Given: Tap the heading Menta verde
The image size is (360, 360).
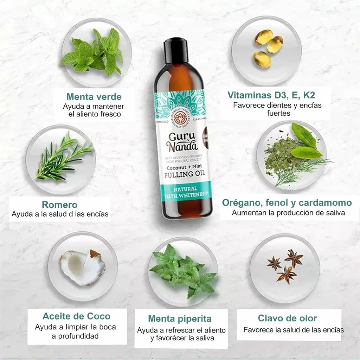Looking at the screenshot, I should [94, 97].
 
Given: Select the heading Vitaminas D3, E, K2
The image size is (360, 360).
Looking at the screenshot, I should [274, 95].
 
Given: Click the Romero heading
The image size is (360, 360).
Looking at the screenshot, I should [60, 204].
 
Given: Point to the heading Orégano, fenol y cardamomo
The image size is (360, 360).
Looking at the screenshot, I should [287, 203].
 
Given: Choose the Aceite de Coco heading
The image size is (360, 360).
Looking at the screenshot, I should [76, 316].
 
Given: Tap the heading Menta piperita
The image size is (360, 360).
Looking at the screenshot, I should [180, 319].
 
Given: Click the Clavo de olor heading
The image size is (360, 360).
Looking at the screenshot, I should [287, 319].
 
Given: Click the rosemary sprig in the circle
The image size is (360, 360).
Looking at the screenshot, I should [63, 158].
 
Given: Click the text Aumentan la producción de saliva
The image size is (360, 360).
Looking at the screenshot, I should [288, 213].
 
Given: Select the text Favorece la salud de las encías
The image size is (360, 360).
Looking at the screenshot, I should [293, 330].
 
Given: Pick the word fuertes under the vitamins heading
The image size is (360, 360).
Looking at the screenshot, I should [278, 114].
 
